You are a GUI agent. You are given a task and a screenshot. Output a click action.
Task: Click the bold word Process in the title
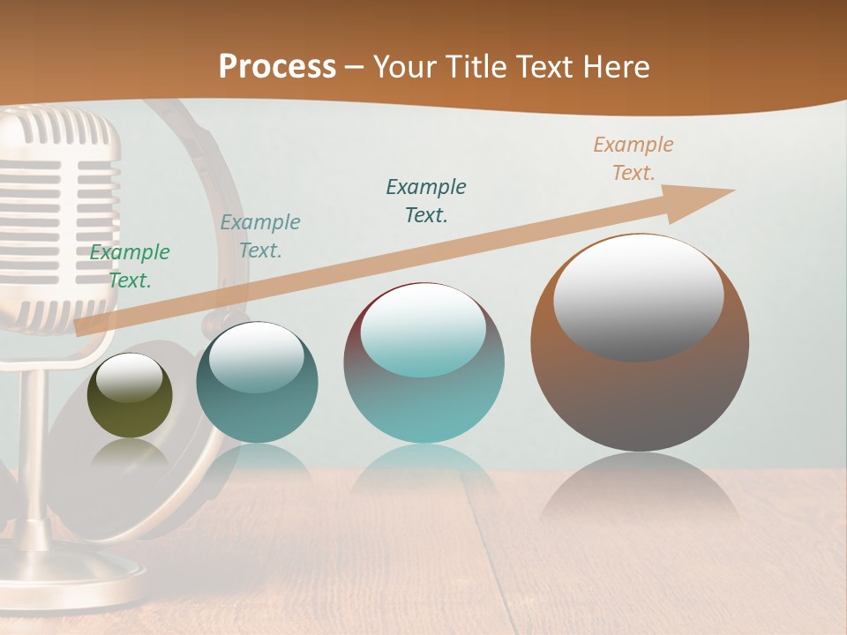(277, 66)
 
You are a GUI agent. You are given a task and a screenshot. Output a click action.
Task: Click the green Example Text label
(130, 266)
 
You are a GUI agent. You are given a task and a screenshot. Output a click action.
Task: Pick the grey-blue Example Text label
(260, 236)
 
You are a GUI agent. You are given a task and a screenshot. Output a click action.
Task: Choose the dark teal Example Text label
(426, 201)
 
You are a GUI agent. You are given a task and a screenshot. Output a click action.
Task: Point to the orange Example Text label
(633, 159)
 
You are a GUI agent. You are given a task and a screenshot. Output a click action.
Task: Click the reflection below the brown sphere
(640, 494)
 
